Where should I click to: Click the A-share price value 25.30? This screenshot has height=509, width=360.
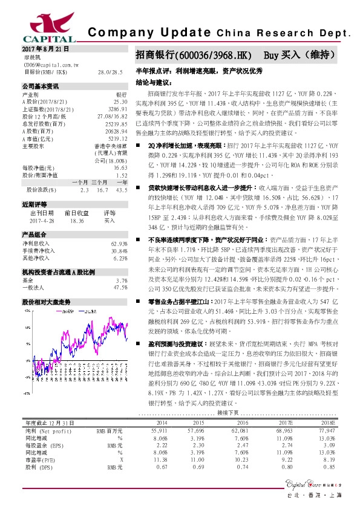[120, 102]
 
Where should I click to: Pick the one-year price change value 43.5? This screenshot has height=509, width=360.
[121, 173]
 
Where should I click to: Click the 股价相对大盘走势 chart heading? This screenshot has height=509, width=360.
[43, 301]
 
